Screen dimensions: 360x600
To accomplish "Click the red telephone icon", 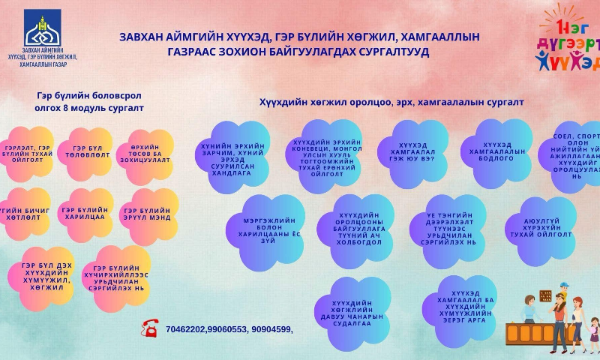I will [150, 327].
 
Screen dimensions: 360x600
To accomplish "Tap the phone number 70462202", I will [184, 328].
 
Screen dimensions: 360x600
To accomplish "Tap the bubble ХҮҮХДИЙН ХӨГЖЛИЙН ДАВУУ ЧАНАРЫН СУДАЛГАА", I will [352, 313].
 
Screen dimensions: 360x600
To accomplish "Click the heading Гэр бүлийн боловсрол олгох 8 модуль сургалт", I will [89, 102].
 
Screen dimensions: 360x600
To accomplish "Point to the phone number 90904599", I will [271, 328].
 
